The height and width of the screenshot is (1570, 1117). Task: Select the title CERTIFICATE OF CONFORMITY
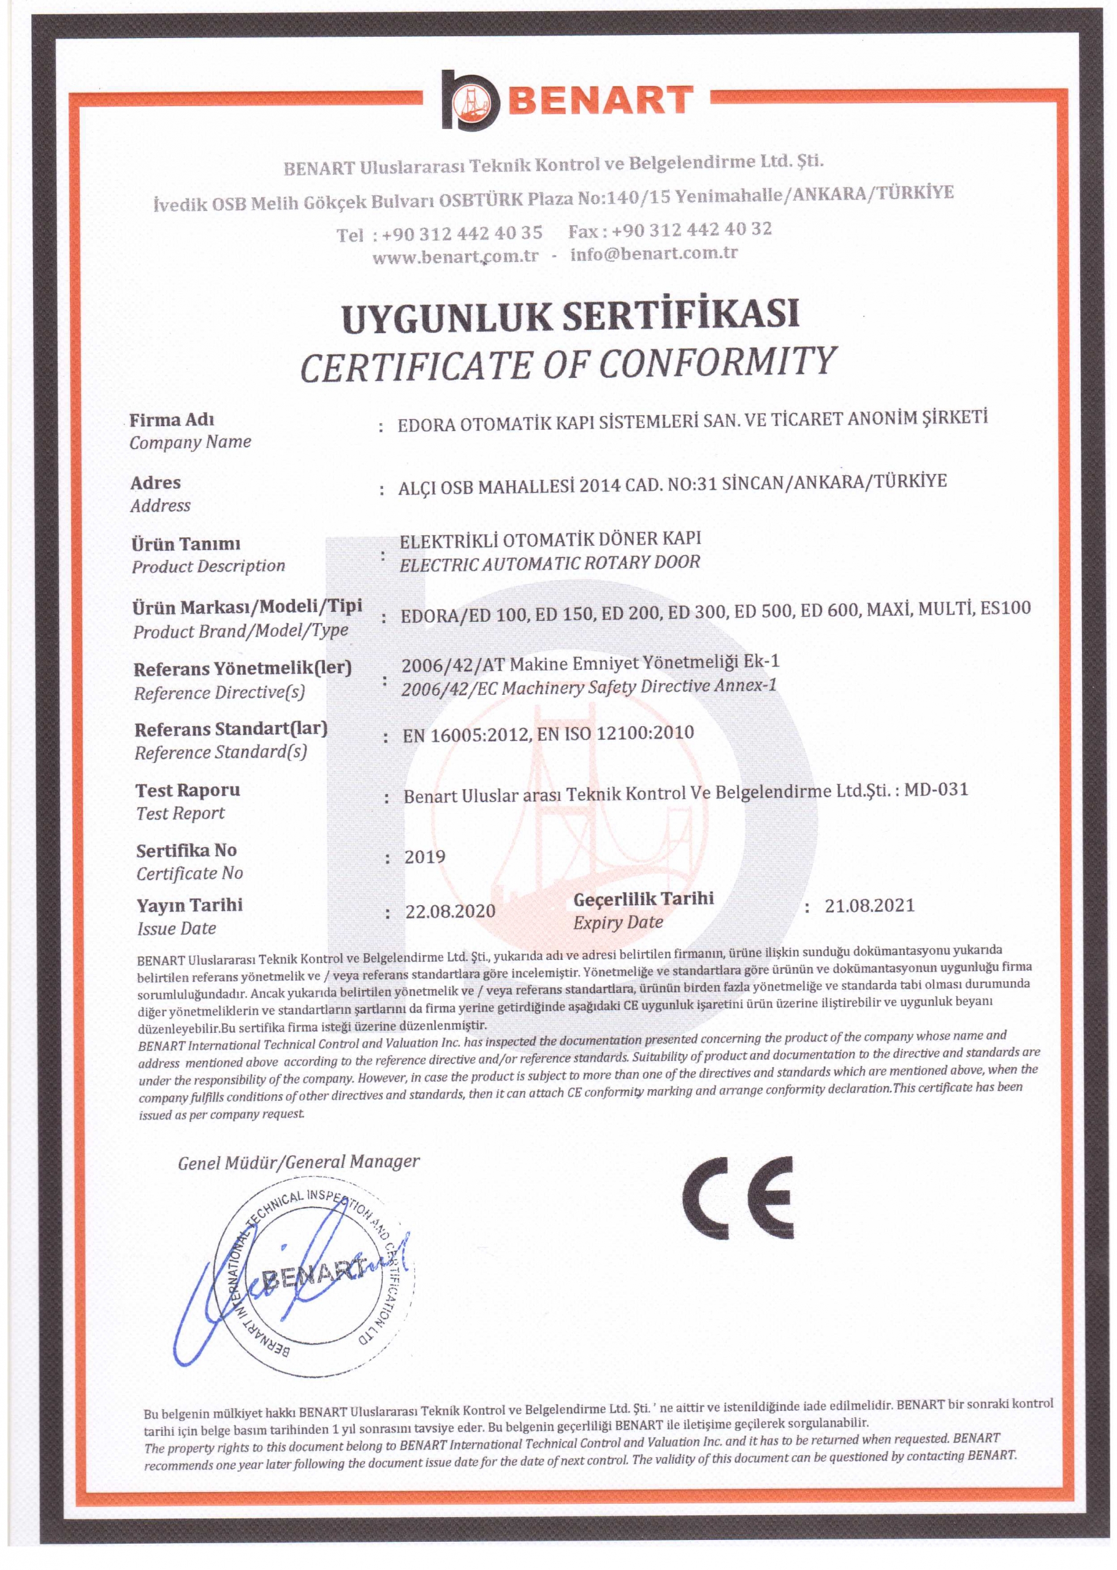pyautogui.click(x=568, y=365)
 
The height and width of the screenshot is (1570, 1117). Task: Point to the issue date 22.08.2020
pyautogui.click(x=451, y=911)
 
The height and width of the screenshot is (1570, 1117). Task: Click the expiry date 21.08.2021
pyautogui.click(x=869, y=905)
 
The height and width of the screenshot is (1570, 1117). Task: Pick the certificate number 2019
pyautogui.click(x=424, y=857)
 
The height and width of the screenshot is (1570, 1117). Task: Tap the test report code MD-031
pyautogui.click(x=936, y=790)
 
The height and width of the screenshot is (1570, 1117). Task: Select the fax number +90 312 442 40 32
pyautogui.click(x=692, y=230)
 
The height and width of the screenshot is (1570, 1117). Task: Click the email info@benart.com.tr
pyautogui.click(x=654, y=254)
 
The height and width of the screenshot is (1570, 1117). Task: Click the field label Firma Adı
pyautogui.click(x=172, y=419)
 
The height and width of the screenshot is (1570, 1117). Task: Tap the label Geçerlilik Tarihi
pyautogui.click(x=643, y=898)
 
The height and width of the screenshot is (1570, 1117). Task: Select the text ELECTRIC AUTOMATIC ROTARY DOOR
pyautogui.click(x=549, y=564)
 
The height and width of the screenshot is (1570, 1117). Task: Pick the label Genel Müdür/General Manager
pyautogui.click(x=299, y=1163)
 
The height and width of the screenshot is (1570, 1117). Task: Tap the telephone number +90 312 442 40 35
pyautogui.click(x=462, y=234)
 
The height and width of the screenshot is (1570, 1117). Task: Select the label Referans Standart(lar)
pyautogui.click(x=231, y=729)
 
